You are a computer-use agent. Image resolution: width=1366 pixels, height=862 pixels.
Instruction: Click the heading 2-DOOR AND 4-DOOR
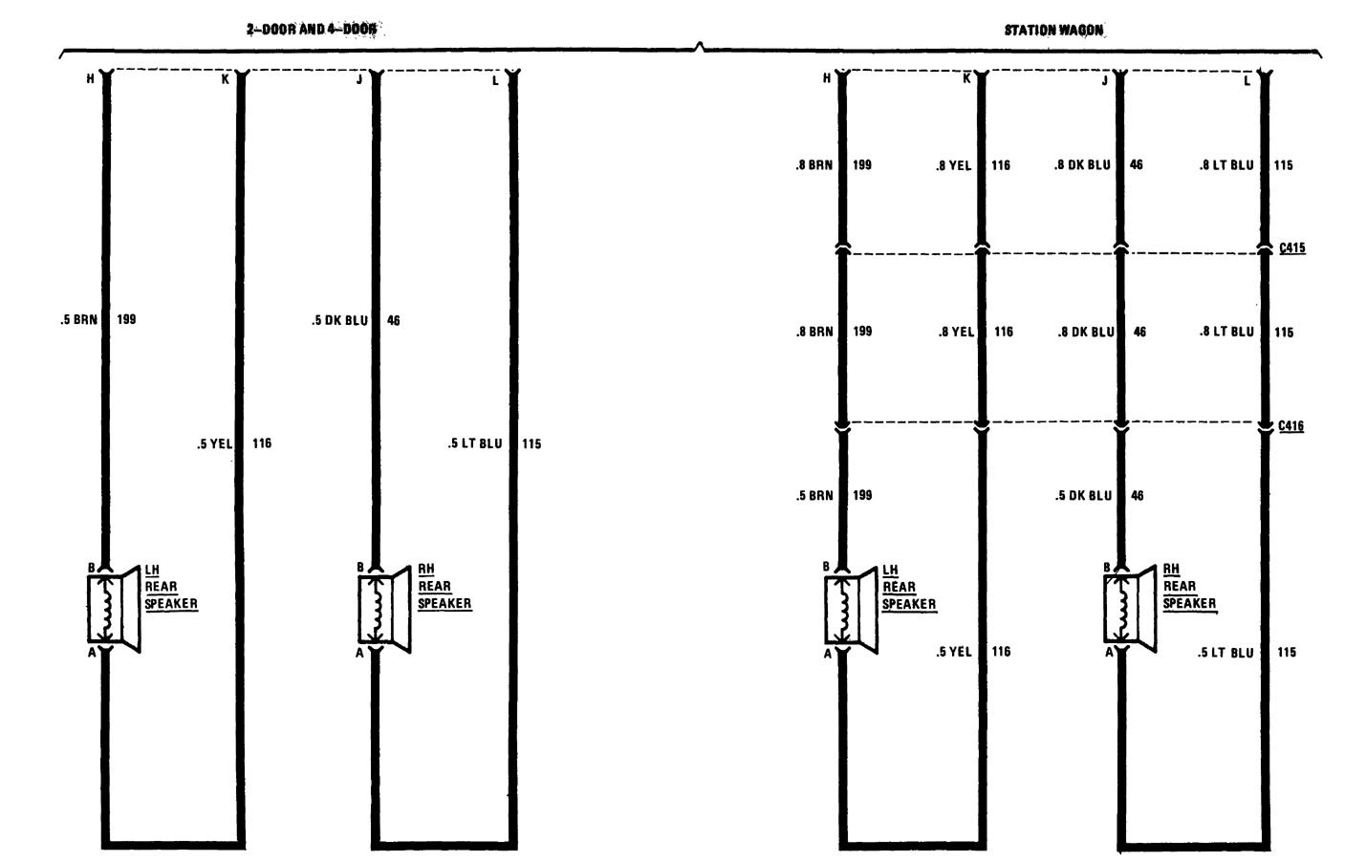[311, 30]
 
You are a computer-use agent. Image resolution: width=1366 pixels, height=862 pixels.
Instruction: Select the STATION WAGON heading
[1053, 31]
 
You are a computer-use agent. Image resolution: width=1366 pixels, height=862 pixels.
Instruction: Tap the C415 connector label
[1291, 248]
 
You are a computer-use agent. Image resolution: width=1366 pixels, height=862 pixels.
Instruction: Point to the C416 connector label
[1290, 426]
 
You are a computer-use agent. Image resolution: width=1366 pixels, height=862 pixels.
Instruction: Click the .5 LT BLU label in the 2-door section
[475, 443]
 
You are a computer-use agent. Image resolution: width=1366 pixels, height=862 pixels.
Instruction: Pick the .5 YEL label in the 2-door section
[214, 443]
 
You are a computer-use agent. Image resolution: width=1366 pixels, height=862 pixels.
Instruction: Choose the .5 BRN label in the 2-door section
[78, 319]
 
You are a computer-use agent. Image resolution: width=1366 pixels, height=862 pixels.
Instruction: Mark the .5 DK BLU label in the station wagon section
[1083, 496]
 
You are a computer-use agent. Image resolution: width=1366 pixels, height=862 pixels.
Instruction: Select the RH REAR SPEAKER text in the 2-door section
[444, 587]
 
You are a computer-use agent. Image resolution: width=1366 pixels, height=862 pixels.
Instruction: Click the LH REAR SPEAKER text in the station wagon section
[909, 588]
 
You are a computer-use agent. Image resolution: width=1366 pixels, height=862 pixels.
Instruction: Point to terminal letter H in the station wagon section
[827, 78]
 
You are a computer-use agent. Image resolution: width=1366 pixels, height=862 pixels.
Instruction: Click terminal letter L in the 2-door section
[495, 81]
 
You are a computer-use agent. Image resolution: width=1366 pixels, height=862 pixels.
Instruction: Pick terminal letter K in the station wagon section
[966, 78]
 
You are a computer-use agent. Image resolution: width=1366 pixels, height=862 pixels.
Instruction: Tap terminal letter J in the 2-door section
[359, 79]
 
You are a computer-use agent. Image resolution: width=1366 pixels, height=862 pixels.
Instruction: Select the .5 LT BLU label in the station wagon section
[1225, 653]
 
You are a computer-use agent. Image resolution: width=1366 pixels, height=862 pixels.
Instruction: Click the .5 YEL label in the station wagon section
[953, 652]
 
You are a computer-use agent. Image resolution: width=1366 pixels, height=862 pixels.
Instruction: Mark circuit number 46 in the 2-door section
[394, 320]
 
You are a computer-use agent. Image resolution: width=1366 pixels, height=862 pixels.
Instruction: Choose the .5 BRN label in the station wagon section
[814, 496]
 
